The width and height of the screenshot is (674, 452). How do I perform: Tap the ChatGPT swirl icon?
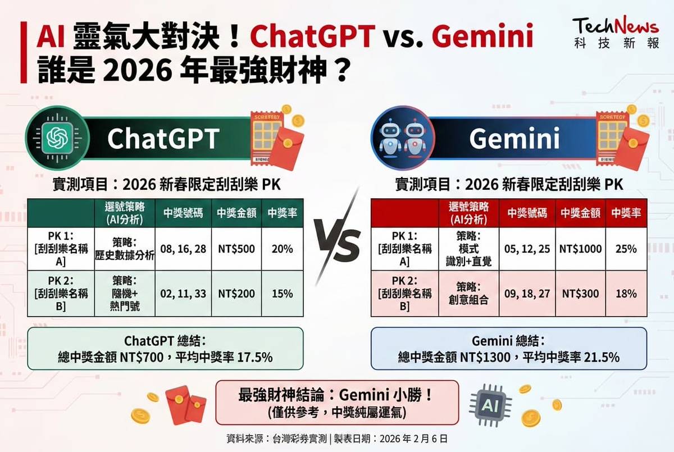(57, 138)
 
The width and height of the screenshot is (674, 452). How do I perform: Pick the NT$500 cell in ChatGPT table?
(236, 248)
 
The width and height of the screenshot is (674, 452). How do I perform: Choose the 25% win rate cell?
(626, 248)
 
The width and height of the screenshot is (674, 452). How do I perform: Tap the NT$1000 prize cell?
(580, 248)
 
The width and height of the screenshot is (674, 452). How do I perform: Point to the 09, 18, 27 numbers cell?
(527, 294)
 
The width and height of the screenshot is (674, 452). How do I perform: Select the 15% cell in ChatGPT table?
(282, 294)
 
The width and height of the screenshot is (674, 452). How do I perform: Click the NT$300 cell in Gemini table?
(580, 294)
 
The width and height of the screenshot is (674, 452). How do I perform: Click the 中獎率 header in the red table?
(626, 213)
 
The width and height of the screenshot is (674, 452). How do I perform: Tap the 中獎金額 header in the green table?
(236, 213)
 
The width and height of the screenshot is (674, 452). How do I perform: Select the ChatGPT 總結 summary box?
(165, 349)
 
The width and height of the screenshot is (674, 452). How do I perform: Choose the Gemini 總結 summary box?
(508, 349)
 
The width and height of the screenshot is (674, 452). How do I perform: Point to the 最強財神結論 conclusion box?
(337, 403)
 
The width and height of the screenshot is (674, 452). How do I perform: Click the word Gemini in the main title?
(483, 37)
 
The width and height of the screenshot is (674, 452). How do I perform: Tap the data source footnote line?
(337, 438)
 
